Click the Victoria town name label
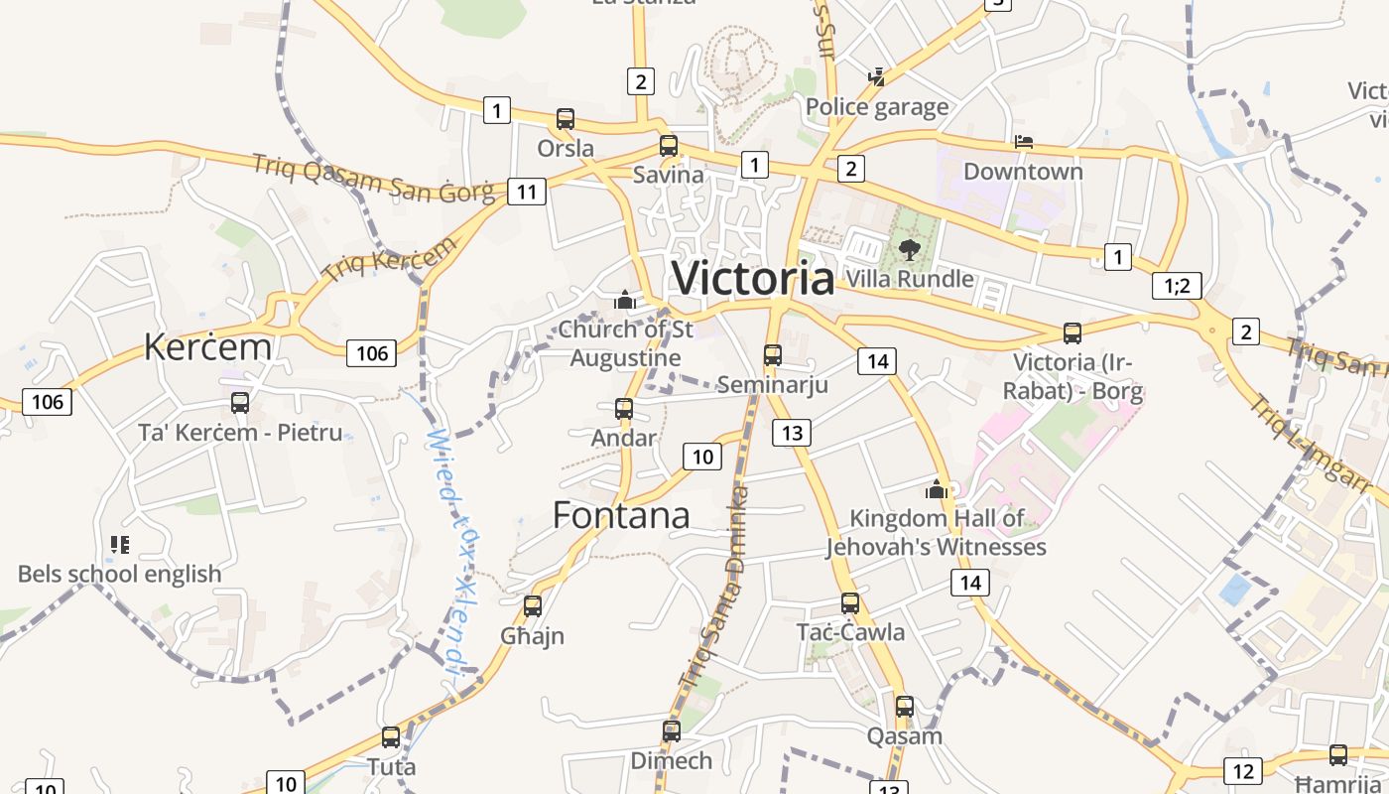tap(753, 278)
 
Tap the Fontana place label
tap(621, 515)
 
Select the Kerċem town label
tap(207, 347)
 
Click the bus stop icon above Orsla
tap(566, 119)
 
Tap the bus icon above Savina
tap(669, 146)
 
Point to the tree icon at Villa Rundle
tap(909, 249)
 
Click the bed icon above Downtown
tap(1024, 142)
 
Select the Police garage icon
tap(876, 76)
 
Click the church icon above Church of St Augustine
tap(625, 299)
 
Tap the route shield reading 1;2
tap(1178, 286)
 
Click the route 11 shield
tap(526, 192)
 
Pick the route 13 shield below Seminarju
tap(792, 433)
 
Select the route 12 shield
tap(1243, 770)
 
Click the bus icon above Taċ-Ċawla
tap(850, 603)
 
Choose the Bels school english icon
tap(120, 544)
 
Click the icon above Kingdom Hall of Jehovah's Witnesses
tap(937, 488)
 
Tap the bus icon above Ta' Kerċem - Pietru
tap(240, 402)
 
